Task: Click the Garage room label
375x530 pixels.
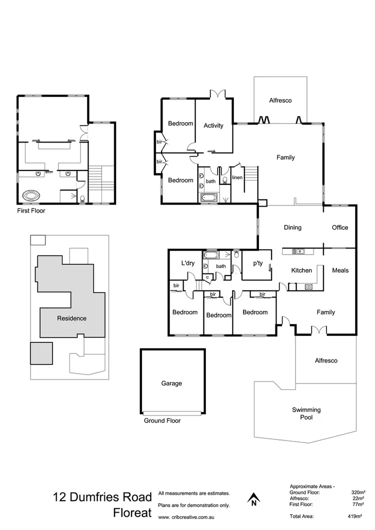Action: [x=171, y=383]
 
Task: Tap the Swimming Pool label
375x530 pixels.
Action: [x=306, y=413]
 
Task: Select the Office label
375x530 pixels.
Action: [x=340, y=227]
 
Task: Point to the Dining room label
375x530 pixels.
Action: [x=292, y=227]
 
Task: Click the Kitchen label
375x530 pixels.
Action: [x=301, y=270]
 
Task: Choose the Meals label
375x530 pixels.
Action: [x=340, y=270]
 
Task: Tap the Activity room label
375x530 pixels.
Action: [x=213, y=125]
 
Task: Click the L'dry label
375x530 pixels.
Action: [x=188, y=263]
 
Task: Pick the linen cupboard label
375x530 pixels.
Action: [x=237, y=178]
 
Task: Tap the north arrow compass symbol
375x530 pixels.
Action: [x=254, y=498]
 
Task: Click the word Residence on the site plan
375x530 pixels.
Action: [x=71, y=318]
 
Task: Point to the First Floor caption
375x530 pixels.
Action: [x=31, y=211]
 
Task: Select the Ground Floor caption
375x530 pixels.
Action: [x=162, y=420]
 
